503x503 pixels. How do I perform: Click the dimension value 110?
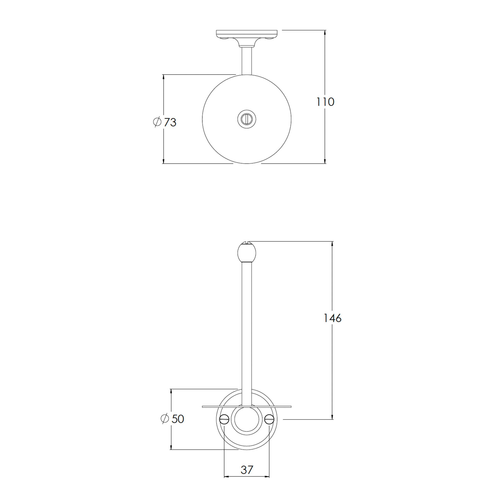coord(325,102)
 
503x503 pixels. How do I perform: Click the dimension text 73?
coord(170,122)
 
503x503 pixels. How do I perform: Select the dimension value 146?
coord(332,318)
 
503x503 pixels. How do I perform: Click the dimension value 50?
coord(178,419)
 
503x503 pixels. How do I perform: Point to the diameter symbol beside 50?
coord(165,419)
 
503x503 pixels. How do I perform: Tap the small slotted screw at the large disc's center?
coord(246,119)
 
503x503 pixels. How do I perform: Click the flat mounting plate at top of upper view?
coord(246,33)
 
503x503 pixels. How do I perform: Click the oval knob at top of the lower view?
coord(246,253)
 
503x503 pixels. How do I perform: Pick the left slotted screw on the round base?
coord(224,419)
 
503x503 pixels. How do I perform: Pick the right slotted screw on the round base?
coord(269,419)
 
